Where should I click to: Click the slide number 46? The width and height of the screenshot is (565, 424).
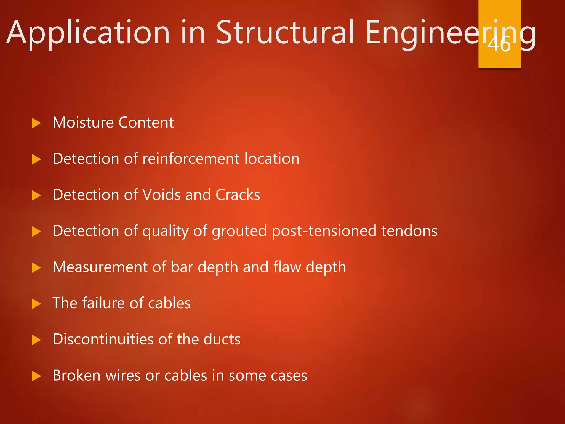(x=499, y=44)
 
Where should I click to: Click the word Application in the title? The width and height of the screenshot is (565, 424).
(x=88, y=33)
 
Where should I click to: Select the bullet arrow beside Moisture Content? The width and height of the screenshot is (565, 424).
(x=36, y=123)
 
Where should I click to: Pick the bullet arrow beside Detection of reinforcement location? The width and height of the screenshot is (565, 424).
(x=36, y=159)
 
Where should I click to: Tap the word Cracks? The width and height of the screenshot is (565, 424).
(x=238, y=195)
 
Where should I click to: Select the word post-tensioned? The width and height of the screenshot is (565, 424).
(x=324, y=231)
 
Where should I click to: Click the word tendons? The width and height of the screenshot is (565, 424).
(x=409, y=231)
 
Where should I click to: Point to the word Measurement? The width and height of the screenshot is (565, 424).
(x=100, y=267)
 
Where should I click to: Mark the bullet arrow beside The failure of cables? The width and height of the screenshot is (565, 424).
(x=36, y=304)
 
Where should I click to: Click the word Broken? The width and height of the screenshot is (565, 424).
(x=76, y=376)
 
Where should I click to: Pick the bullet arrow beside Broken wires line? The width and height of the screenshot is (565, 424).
(x=36, y=376)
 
